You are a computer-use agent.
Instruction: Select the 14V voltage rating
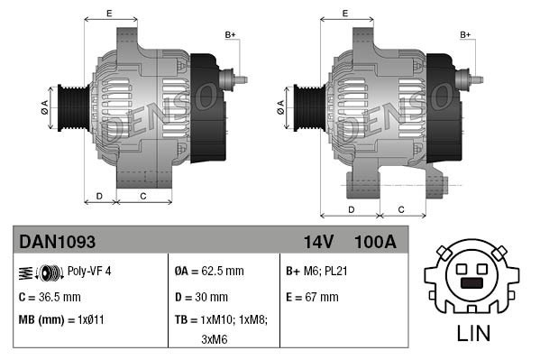coord(320,243)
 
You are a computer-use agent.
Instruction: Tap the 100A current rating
coord(376,243)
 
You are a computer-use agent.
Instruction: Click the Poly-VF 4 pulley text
coord(89,271)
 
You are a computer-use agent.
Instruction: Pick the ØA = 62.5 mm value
coord(210,271)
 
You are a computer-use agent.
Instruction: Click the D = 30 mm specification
coord(202,296)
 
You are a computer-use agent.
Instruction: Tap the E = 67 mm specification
coord(312,296)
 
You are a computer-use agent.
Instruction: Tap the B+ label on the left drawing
coord(230,34)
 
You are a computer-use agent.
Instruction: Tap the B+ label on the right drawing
coord(466,34)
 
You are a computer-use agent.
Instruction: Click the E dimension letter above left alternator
coord(109,13)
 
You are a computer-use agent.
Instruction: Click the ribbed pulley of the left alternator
coord(70,107)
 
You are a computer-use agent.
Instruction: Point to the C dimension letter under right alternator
coord(400,210)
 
